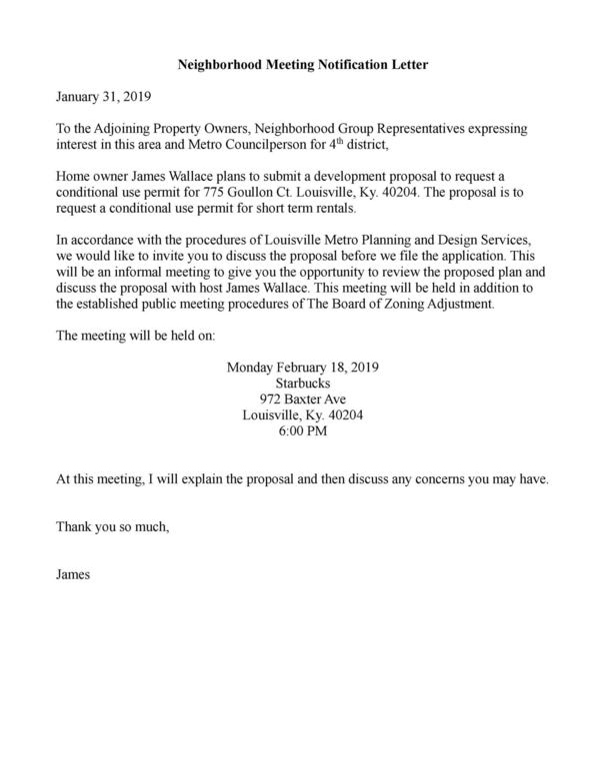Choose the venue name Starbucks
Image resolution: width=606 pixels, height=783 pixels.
coord(303,384)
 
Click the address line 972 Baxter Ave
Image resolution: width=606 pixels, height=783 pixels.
coord(303,399)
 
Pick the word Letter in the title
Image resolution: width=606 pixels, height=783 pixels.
coord(406,63)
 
